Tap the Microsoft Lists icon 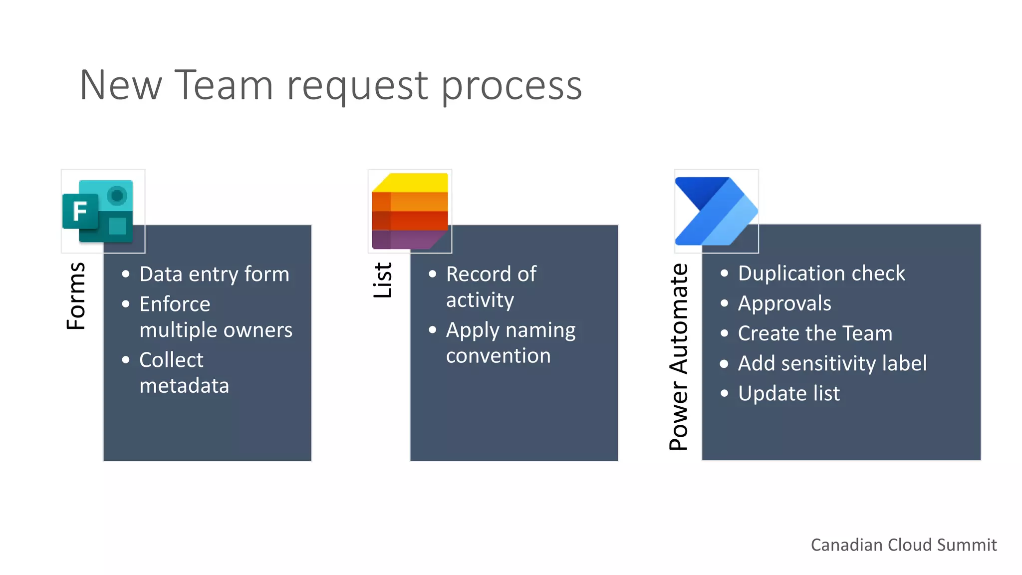coord(410,211)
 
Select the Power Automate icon coord(716,211)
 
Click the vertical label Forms coord(76,296)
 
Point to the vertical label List coord(383,281)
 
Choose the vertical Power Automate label coord(679,357)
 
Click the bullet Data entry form coord(214,274)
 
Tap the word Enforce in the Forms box coord(175,304)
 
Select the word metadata coord(184,386)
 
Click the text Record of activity coord(491,287)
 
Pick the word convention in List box coord(498,356)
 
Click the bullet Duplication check coord(821,274)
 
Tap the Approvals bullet coord(784,303)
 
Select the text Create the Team coord(815,333)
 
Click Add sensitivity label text coord(832,363)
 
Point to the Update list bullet coord(788,393)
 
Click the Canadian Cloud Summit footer coord(903,545)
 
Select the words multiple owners coord(216,330)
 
